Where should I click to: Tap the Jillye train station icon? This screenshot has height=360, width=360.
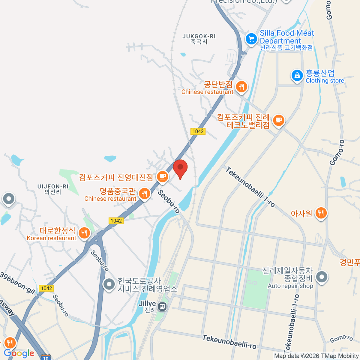[162, 306]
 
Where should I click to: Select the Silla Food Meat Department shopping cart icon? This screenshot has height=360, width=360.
[251, 39]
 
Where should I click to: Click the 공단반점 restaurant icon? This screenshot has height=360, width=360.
[241, 87]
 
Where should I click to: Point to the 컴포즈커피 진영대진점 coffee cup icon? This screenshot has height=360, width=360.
[162, 176]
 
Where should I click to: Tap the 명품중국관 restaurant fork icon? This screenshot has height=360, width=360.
[144, 193]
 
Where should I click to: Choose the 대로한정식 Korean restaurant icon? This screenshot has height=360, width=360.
[84, 233]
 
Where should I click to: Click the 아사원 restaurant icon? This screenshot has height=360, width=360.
[321, 213]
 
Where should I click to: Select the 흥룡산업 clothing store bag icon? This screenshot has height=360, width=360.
[297, 75]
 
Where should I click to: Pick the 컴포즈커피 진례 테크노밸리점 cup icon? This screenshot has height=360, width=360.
[279, 120]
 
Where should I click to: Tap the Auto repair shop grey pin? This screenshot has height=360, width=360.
[322, 277]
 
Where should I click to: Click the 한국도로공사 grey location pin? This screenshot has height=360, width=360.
[109, 284]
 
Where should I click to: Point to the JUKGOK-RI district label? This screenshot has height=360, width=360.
[199, 39]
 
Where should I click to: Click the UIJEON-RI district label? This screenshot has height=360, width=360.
[53, 189]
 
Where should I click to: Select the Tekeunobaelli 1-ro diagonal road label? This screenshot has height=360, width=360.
[250, 187]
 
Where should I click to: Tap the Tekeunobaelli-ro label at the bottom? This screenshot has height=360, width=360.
[229, 342]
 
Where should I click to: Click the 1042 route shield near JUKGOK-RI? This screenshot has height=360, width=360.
[198, 131]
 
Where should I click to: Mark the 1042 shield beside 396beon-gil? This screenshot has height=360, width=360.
[46, 288]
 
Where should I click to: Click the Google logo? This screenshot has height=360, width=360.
[19, 353]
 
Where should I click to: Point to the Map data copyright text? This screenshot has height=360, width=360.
[316, 356]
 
